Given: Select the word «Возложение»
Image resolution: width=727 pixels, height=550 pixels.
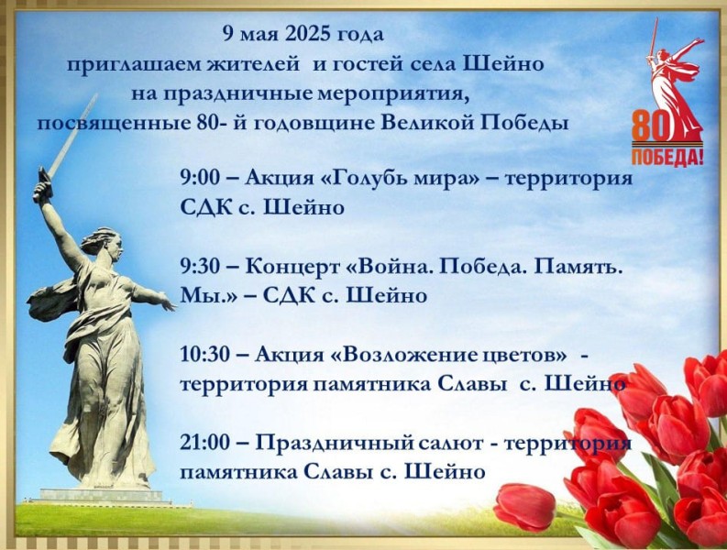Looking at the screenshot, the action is click(401, 356).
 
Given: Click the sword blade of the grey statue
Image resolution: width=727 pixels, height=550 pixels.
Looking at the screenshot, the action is click(72, 136).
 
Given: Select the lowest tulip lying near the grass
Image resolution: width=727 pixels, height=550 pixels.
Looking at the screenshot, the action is click(524, 506).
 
